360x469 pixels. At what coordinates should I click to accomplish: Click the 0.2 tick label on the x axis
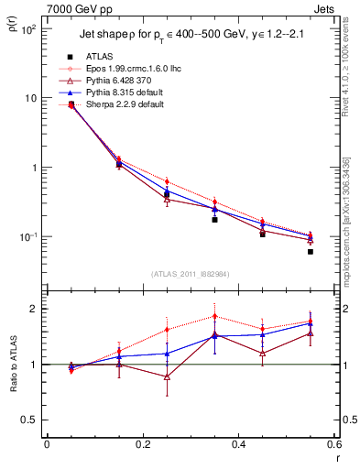(x=142, y=445)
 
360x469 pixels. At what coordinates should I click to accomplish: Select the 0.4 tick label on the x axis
(x=238, y=445)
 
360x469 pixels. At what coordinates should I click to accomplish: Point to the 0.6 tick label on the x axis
(x=333, y=445)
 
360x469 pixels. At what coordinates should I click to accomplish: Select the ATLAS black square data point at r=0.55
(x=311, y=251)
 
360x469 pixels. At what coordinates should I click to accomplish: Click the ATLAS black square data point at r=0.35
(x=214, y=220)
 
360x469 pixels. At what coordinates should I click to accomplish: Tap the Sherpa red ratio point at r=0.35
(x=214, y=316)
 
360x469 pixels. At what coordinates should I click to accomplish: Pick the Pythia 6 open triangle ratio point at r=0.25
(x=167, y=376)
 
